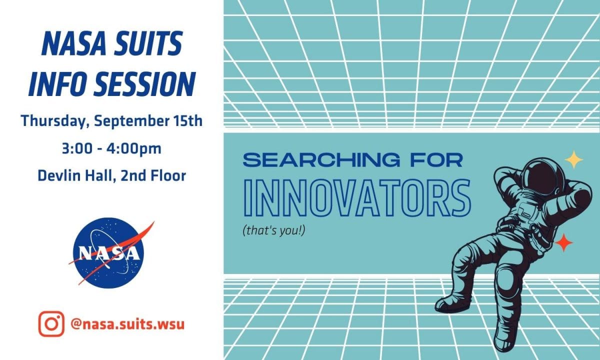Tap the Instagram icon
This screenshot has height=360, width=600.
coord(51,323)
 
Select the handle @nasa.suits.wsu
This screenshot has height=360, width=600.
coord(127,324)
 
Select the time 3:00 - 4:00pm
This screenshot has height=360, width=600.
coord(111,149)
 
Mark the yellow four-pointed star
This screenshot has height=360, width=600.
coord(574,159)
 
